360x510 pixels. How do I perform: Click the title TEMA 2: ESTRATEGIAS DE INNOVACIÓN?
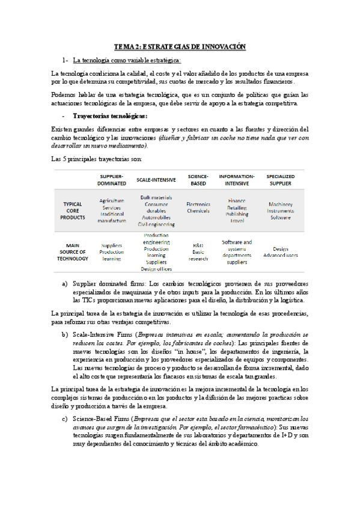tap(180, 46)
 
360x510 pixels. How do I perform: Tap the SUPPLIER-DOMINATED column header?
tap(111, 179)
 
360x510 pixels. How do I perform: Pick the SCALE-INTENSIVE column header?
tap(156, 179)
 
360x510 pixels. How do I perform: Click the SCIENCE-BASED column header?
tap(198, 179)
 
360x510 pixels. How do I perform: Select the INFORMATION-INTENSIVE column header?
tap(237, 179)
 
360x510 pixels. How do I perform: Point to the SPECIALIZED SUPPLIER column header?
tap(280, 179)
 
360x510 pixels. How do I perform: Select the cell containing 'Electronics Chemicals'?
tap(198, 207)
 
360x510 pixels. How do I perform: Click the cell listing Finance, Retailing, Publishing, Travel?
tap(237, 210)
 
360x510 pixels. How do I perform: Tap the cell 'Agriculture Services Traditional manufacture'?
tap(112, 210)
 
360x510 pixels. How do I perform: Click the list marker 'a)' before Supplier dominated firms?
tap(65, 283)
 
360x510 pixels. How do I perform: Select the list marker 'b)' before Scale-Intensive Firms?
tap(65, 334)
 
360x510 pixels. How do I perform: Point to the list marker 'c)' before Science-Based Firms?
tap(65, 418)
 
